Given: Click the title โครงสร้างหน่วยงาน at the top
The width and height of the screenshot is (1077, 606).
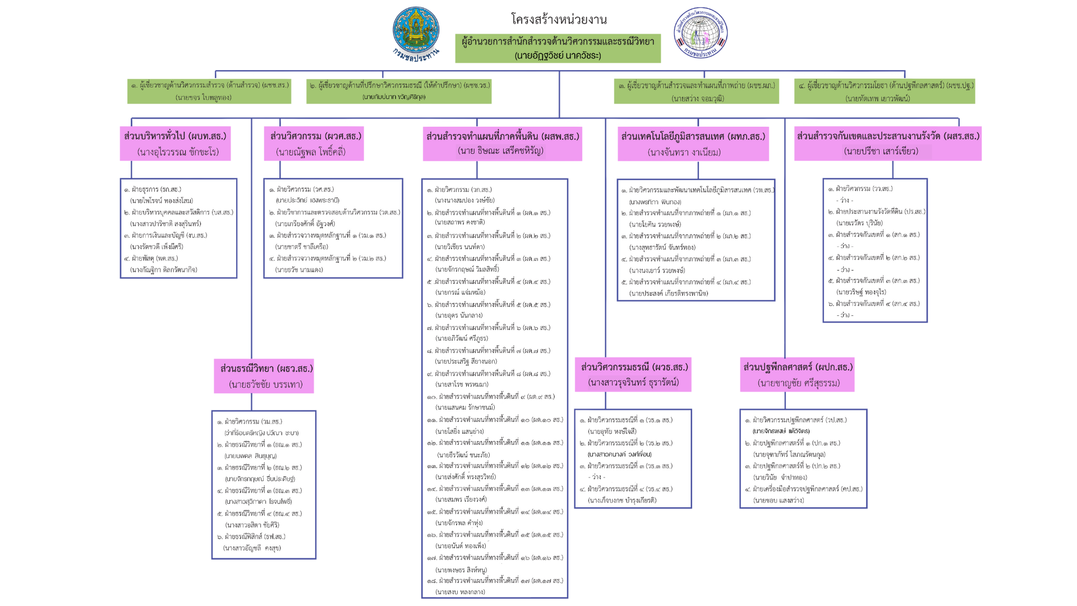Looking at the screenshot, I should [x=559, y=20].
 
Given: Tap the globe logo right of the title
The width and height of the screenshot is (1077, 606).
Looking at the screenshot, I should [x=700, y=33].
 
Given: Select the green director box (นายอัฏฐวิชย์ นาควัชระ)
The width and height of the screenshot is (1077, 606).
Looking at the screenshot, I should [x=558, y=48].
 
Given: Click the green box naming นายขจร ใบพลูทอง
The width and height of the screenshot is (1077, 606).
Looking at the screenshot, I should [x=209, y=91].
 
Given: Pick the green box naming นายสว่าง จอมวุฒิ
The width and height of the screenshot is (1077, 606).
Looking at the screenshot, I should [x=696, y=91].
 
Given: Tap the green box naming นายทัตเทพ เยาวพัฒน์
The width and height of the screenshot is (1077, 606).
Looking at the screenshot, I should [x=884, y=91].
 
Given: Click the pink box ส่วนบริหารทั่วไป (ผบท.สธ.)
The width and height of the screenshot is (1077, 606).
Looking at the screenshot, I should [x=175, y=144].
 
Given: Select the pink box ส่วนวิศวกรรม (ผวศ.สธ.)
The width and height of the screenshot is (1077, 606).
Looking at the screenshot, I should [x=314, y=144].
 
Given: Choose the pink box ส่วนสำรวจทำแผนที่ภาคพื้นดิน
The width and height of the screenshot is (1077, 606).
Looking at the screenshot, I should [x=502, y=144].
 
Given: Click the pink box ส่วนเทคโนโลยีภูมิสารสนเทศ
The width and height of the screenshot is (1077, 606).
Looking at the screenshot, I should [x=693, y=144].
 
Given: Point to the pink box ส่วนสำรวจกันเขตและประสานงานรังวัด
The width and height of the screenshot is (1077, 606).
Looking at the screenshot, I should [x=887, y=144].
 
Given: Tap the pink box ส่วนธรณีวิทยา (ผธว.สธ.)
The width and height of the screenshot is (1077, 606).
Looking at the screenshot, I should [x=264, y=376].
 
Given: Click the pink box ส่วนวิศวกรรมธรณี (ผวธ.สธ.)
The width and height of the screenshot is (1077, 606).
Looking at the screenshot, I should [x=633, y=375].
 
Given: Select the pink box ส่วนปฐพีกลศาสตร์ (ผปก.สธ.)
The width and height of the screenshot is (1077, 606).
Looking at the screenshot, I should [x=797, y=375].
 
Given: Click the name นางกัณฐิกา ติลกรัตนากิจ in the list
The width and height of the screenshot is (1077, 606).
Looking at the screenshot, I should [x=163, y=270].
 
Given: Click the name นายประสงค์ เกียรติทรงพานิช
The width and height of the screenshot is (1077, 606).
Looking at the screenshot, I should [x=668, y=293].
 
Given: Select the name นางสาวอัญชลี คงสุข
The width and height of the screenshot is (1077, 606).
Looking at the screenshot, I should [x=252, y=548].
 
